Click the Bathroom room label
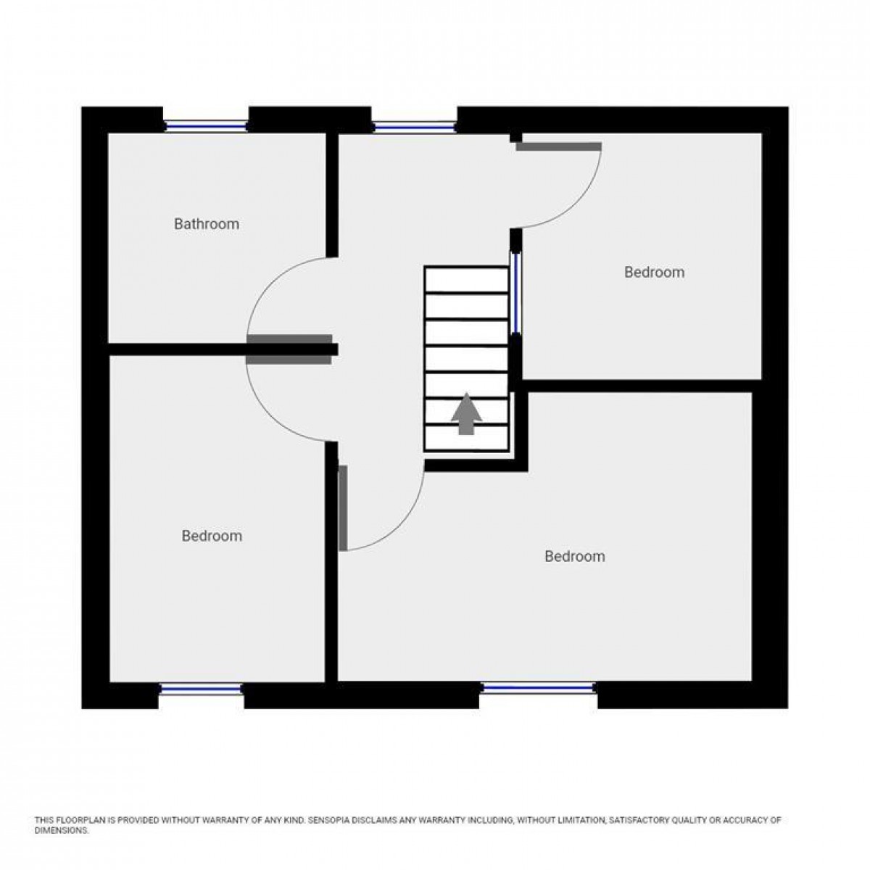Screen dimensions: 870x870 tap(206, 224)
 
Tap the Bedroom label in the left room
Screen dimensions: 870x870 tap(212, 536)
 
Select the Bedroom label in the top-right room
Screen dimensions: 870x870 tap(654, 273)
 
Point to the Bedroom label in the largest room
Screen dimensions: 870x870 tap(574, 557)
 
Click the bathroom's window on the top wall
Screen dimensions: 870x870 tap(206, 126)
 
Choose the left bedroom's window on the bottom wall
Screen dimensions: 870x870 tap(200, 689)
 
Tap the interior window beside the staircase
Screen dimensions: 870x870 tap(515, 291)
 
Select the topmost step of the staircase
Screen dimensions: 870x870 tap(466, 279)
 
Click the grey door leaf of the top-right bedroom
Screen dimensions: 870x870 tap(558, 146)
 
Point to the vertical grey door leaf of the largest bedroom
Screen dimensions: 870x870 tap(343, 507)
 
